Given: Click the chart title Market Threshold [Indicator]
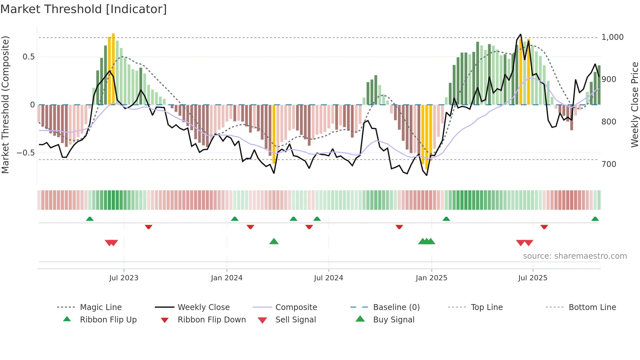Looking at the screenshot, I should click(84, 9).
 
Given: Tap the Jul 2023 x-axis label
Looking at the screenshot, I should click(124, 278).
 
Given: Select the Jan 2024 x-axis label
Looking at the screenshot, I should click(227, 278).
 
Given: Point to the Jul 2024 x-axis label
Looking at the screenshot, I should click(328, 278).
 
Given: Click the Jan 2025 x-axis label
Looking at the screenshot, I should click(431, 278).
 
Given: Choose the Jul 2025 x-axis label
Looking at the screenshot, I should click(533, 278).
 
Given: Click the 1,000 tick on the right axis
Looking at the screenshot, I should click(612, 37).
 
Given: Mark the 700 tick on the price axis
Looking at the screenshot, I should click(609, 164).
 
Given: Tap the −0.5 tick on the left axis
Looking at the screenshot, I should click(26, 153).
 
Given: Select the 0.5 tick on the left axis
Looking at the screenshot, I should click(28, 57).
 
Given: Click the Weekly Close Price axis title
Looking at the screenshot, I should click(634, 105).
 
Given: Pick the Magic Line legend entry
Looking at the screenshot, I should click(101, 307).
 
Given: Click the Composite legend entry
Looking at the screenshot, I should click(296, 307).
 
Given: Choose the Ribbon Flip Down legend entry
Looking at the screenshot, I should click(211, 320).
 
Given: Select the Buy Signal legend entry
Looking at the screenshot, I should click(393, 320).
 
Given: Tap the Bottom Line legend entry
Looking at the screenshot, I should click(592, 307).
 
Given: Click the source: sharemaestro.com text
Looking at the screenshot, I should click(575, 256).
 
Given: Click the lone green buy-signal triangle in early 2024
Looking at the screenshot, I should click(274, 241).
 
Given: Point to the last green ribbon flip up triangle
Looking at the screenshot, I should click(595, 219).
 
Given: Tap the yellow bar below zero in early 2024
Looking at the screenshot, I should click(274, 134).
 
